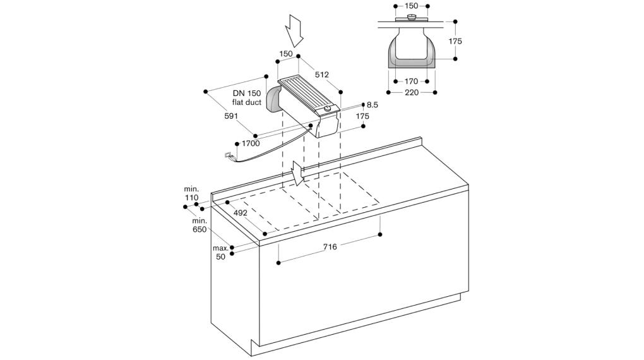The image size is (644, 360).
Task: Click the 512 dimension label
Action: point(322,75)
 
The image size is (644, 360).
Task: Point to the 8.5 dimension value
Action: point(372,105)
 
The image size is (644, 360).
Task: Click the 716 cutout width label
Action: point(330,247)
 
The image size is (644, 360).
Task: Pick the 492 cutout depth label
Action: point(240,213)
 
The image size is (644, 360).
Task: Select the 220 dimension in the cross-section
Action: point(412,93)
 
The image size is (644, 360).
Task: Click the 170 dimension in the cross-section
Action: point(412,81)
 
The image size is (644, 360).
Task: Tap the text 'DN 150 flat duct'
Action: point(246,98)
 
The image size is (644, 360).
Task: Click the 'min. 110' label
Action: point(191,193)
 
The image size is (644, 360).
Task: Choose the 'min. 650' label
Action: point(200,225)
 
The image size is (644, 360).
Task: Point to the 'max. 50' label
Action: point(220,253)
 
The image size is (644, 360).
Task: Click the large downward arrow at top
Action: point(295,28)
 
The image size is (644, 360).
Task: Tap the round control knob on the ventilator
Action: point(327,110)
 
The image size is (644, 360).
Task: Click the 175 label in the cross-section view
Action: point(455,41)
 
